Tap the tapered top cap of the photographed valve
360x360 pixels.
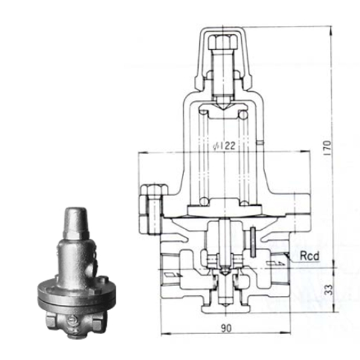pyautogui.click(x=77, y=222)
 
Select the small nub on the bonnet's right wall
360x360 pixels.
pyautogui.click(x=261, y=143)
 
